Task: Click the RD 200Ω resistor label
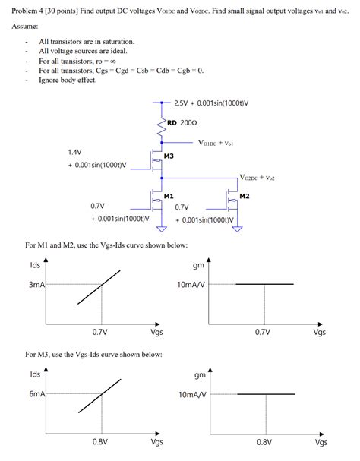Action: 182,122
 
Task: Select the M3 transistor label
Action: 169,156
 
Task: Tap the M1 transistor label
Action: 169,197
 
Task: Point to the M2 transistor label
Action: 244,197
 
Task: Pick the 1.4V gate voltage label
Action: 74,152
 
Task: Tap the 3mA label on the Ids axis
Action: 37,285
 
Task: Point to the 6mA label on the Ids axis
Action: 37,395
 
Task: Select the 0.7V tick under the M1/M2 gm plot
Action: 264,332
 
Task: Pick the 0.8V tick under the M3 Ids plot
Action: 100,441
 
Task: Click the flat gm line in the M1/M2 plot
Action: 265,284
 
